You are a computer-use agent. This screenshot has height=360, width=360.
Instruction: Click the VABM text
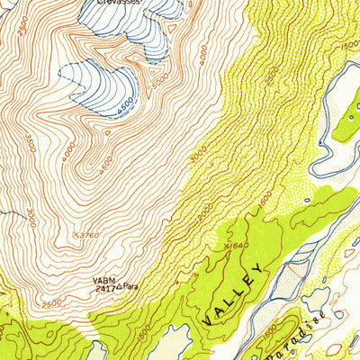point(103,279)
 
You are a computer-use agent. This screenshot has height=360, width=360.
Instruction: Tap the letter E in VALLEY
point(249,281)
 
